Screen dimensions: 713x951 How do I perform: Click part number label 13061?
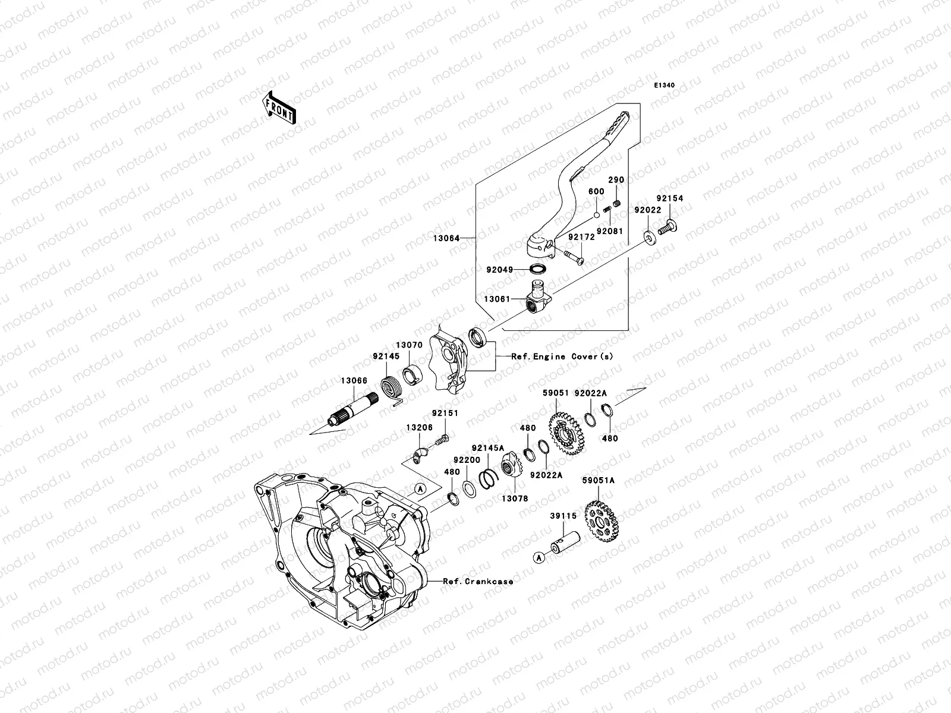496,300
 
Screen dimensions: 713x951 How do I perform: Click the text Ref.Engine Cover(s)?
562,356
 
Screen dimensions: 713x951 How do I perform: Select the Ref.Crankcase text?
478,581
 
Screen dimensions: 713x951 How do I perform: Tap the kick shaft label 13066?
353,381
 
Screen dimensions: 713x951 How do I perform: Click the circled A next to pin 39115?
539,557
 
